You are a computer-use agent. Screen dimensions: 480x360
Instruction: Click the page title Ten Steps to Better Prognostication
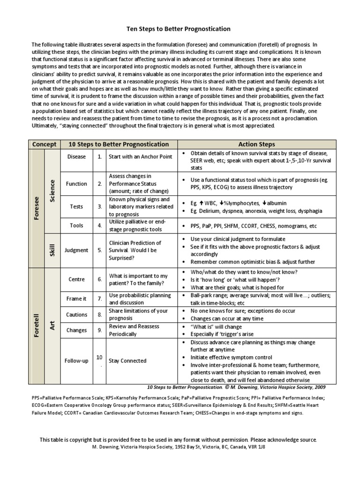coord(180,29)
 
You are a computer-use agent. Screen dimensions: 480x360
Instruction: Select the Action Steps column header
coord(257,144)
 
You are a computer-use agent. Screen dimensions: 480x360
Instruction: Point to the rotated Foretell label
coord(36,326)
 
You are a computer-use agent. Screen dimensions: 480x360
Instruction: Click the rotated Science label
coord(52,190)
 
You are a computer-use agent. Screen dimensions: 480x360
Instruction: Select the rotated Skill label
coord(52,250)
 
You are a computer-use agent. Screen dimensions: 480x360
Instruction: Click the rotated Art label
coord(52,326)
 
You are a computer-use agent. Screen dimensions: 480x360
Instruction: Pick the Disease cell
coord(76,157)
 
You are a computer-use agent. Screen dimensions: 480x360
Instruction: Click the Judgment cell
coord(76,250)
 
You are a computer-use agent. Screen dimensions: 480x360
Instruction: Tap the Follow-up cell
coord(76,361)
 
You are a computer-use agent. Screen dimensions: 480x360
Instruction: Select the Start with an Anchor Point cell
coord(140,157)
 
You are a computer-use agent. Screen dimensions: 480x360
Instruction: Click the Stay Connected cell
coord(127,361)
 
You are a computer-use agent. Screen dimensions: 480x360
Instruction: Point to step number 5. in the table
coord(99,250)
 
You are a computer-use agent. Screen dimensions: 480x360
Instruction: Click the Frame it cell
coord(76,299)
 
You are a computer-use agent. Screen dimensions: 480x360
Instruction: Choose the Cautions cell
coord(76,315)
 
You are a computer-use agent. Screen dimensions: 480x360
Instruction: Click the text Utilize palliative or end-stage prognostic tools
coord(136,225)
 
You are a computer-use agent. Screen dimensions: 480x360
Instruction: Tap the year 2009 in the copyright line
coord(319,387)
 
